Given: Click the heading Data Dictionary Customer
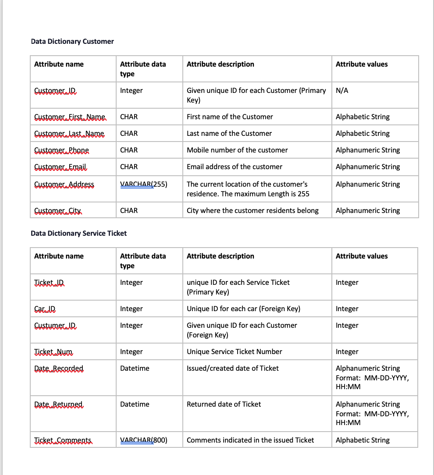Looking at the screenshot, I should pos(72,41).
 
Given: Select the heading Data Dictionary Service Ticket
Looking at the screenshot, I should pos(78,233).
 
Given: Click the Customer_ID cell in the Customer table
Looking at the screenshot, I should pos(55,91).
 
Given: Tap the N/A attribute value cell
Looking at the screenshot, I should pos(342,91).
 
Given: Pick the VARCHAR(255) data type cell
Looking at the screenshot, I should pos(144,184).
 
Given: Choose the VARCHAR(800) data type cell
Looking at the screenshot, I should pos(144,440).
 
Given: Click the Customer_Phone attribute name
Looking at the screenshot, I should pos(61,150).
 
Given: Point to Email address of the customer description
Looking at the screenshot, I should pos(235,167).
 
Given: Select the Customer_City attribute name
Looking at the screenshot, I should pos(58,211).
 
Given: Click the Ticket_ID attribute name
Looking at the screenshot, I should pos(49,283).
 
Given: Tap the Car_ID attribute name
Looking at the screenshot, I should pos(45,309).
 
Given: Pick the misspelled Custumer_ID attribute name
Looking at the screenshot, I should pos(55,326).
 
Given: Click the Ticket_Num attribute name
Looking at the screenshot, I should pos(53,352).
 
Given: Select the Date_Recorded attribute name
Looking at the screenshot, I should pos(59,369).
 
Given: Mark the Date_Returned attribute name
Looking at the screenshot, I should pos(58,404).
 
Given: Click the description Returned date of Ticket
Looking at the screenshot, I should pos(224,404).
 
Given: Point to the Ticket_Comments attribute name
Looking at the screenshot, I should pos(63,440).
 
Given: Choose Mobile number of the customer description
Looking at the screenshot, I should pos(237,150).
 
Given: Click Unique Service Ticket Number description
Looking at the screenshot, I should pos(235,351).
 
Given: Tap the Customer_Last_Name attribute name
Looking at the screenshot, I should pos(69,134).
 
